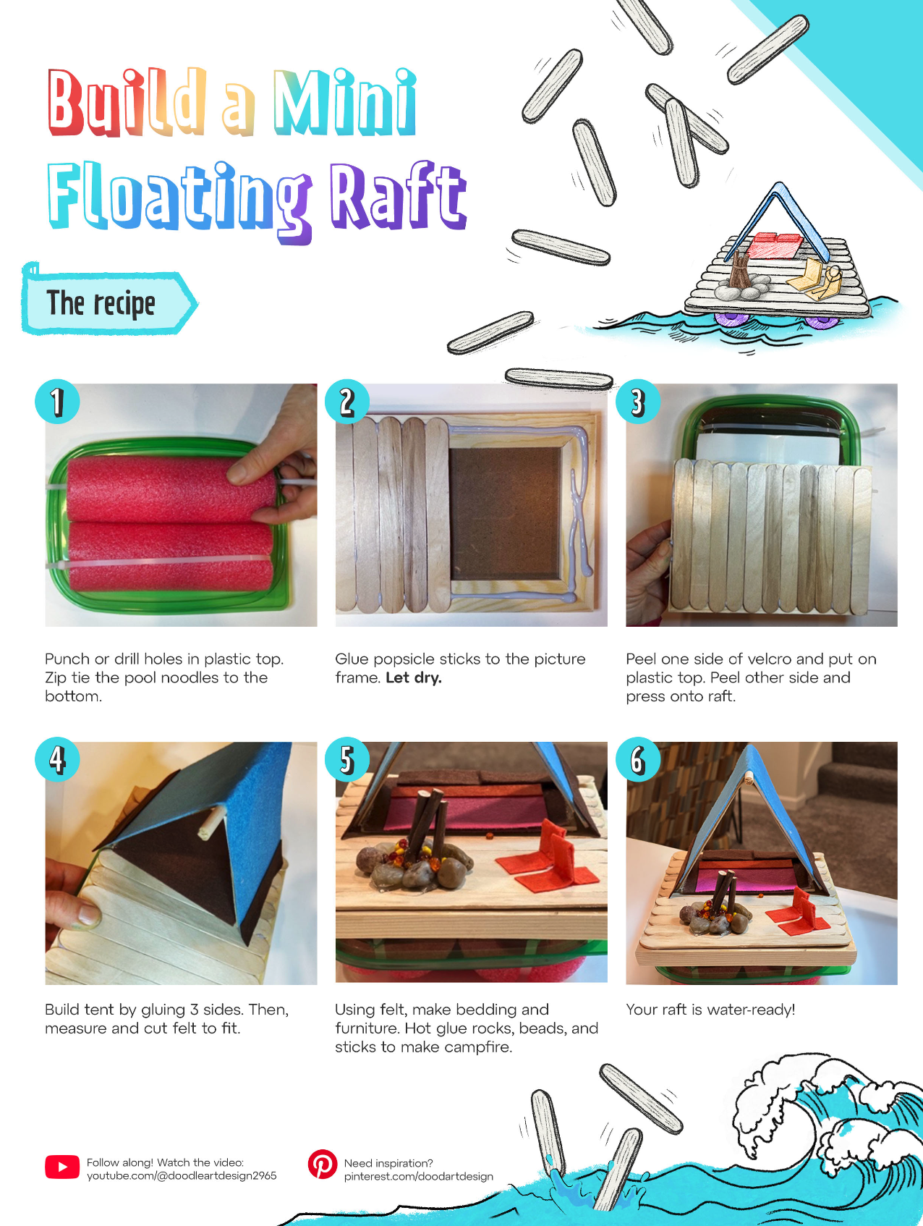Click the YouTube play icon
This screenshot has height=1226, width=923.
62,1167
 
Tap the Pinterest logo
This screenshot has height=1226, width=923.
322,1164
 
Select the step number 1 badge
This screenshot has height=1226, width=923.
57,401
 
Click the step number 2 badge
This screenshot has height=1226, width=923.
347,401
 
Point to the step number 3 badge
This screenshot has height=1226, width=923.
637,401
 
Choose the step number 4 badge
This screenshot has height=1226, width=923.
57,759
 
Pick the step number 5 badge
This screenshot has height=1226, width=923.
347,759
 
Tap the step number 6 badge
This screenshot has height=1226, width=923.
637,759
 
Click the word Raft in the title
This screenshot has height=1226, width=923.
398,195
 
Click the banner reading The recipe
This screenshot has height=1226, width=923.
109,303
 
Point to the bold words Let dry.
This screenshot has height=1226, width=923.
414,678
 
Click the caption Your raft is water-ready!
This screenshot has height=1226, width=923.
710,1010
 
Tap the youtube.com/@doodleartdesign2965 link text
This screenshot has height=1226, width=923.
182,1175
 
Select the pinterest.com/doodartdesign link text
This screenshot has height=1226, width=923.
419,1176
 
